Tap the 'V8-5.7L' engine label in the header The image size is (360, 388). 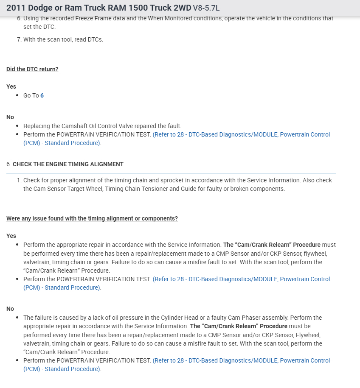pos(206,8)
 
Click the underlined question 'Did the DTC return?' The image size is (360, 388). pos(32,69)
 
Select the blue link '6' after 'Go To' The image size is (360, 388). pos(42,95)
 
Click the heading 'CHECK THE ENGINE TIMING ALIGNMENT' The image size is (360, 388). pos(68,164)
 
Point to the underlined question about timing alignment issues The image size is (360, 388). pos(92,218)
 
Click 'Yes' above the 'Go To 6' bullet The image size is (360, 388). pos(11,87)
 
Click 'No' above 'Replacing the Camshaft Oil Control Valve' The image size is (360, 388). pos(10,117)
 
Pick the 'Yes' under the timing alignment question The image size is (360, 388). pos(11,236)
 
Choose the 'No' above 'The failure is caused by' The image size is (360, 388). pos(10,309)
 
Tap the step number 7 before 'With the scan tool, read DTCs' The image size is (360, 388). pos(19,39)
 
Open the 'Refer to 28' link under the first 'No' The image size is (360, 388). pos(241,134)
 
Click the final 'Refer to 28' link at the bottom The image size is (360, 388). pos(241,360)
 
